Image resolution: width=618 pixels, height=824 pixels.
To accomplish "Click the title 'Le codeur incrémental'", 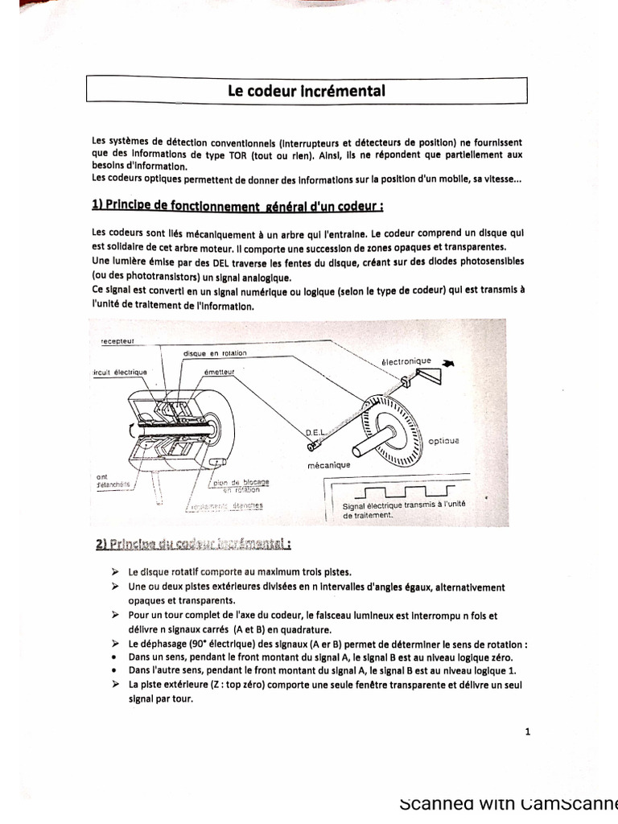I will point(307,90).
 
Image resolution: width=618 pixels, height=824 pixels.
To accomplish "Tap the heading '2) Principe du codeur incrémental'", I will point(192,545).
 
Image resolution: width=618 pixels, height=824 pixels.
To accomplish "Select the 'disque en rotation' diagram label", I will point(215,353).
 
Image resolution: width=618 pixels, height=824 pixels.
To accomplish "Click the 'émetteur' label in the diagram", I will point(220,371).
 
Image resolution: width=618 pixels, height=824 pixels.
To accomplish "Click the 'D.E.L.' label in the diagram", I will point(317,432).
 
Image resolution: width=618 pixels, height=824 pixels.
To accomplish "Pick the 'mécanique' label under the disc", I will point(328,465).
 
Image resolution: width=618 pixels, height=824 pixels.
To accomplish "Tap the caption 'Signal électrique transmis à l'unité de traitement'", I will point(398,509).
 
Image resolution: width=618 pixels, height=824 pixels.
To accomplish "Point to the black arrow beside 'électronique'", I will point(447,363).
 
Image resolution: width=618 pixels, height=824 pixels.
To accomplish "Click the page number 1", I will point(527,731).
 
